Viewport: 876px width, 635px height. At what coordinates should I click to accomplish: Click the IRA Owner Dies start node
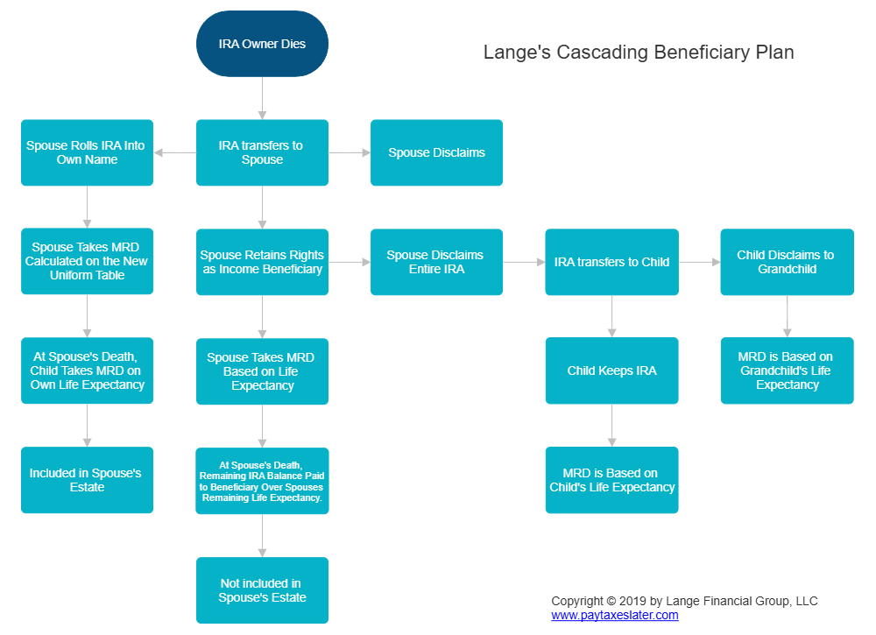coord(262,44)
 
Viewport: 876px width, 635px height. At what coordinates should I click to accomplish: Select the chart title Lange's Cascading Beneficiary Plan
coord(639,53)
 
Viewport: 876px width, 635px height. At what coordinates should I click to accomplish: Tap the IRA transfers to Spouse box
coord(262,152)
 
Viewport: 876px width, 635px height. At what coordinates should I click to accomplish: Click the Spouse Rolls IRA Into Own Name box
coord(87,152)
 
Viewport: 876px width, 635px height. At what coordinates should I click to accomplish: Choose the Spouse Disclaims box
coord(436,152)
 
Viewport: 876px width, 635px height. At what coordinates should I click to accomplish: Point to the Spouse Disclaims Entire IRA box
coord(436,262)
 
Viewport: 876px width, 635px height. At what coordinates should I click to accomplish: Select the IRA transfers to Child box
coord(611,262)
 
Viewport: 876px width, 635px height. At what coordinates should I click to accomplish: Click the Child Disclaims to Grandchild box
coord(787,262)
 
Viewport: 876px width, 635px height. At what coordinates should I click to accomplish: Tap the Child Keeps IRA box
coord(611,370)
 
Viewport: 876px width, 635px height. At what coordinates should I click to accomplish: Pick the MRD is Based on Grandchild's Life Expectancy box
coord(787,370)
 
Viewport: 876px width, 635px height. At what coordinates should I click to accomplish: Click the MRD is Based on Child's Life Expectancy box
coord(611,480)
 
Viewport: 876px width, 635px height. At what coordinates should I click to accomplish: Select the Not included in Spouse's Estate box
coord(262,590)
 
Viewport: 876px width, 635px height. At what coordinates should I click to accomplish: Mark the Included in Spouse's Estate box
coord(87,480)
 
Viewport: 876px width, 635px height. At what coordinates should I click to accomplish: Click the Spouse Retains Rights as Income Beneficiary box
coord(262,262)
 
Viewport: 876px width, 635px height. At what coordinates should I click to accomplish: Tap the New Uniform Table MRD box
coord(87,262)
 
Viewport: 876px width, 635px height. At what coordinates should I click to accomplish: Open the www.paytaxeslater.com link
coord(614,616)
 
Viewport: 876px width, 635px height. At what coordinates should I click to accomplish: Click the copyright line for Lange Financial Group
coord(683,601)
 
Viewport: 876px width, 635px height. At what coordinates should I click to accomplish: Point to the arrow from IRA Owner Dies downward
coord(262,97)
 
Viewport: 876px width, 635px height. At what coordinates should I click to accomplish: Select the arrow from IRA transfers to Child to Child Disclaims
coord(699,262)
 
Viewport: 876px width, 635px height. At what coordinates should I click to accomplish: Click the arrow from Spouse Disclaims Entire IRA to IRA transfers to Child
coord(524,262)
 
